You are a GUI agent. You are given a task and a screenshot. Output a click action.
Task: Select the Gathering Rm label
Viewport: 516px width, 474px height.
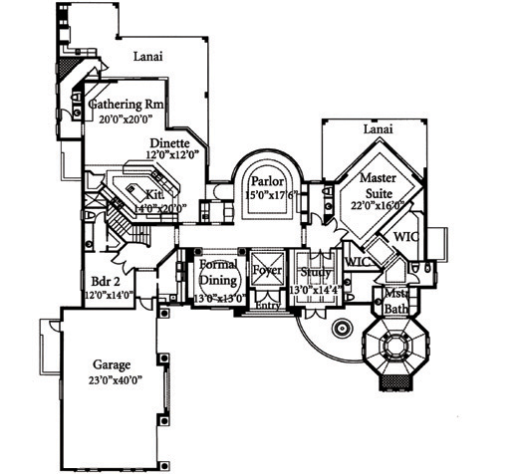(127, 104)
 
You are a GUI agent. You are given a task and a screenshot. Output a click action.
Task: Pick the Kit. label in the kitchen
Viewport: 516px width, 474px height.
(153, 194)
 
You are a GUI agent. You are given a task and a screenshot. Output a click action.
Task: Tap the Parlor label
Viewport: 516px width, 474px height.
(268, 182)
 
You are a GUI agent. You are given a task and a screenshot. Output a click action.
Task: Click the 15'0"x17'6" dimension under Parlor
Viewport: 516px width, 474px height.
(268, 196)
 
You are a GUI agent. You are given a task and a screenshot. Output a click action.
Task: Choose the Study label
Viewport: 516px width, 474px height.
(317, 271)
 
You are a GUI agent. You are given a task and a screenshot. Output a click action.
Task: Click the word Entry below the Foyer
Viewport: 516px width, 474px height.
(267, 305)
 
